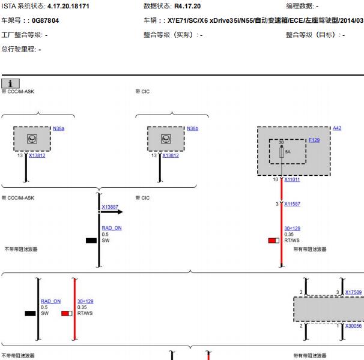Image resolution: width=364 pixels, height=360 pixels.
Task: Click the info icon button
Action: [10, 83]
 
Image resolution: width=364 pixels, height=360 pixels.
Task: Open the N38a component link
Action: [58, 128]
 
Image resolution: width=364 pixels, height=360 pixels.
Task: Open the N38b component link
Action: [192, 128]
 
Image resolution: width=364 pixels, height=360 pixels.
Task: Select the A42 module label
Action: [337, 128]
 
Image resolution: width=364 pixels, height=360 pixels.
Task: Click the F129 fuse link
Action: [314, 140]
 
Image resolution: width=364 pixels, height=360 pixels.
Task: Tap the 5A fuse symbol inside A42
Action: [282, 152]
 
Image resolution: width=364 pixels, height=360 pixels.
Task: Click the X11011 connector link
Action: [292, 179]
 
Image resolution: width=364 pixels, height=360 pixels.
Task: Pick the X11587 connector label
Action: [292, 204]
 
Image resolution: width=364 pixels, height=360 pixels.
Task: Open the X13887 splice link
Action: [110, 206]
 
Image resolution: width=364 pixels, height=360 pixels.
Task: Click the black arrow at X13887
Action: [111, 212]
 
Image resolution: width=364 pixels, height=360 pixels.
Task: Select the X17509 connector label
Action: [353, 292]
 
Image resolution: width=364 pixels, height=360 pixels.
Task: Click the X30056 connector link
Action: [353, 326]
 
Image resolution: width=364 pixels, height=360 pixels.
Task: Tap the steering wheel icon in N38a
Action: [32, 139]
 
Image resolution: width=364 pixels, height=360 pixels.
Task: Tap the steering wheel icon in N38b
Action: [166, 139]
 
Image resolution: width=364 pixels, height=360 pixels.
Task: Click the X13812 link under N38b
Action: [171, 155]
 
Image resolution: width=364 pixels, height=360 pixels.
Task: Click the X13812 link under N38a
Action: [37, 155]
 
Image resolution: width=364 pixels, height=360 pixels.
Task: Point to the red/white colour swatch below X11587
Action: [274, 241]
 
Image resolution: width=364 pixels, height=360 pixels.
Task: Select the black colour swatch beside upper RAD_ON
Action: [91, 241]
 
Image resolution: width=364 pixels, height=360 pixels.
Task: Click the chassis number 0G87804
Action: [45, 20]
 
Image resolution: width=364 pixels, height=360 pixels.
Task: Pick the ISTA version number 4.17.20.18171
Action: [68, 6]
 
